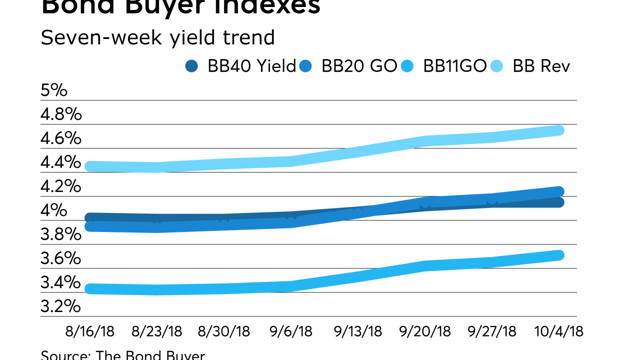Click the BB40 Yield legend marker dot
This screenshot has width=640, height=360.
tap(191, 66)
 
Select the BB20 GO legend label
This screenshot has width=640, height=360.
tap(359, 66)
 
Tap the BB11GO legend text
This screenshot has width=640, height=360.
tap(454, 66)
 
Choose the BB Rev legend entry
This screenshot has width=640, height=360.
tap(541, 66)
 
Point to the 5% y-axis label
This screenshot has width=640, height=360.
tap(53, 90)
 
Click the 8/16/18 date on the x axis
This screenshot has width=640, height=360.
tap(90, 331)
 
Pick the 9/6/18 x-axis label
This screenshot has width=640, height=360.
tap(291, 331)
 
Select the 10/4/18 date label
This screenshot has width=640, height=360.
tap(559, 331)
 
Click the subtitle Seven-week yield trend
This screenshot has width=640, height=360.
tap(157, 37)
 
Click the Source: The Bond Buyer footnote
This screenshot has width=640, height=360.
tap(122, 355)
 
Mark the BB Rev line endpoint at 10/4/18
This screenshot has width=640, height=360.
tap(559, 130)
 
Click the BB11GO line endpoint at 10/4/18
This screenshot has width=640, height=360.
tap(559, 255)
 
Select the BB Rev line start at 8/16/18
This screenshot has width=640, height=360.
tap(90, 166)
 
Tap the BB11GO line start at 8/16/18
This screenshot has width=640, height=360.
tap(90, 288)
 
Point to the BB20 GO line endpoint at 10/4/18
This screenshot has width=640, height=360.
tap(559, 191)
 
